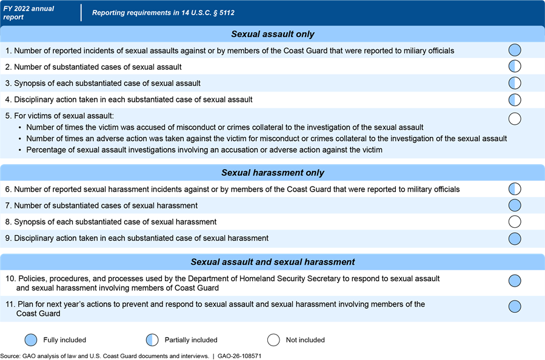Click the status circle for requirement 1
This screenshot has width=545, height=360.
click(515, 50)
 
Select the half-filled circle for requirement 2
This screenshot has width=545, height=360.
click(515, 67)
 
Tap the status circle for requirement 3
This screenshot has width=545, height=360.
click(515, 83)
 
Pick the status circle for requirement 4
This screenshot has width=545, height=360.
click(515, 99)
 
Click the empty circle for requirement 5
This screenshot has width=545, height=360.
click(515, 118)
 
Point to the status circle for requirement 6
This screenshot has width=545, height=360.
click(515, 189)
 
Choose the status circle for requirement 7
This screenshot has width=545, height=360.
click(515, 205)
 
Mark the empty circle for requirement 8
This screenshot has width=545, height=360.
click(515, 222)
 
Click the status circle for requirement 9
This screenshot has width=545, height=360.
click(515, 238)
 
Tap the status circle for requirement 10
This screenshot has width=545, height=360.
click(515, 281)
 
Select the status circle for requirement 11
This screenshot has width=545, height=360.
click(515, 307)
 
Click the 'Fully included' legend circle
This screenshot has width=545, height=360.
click(31, 339)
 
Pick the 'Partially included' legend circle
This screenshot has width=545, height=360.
click(152, 339)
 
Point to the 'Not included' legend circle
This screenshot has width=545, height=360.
click(273, 339)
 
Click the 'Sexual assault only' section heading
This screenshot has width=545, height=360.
click(273, 35)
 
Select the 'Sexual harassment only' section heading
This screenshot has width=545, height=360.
click(273, 173)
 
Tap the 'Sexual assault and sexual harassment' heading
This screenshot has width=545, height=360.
click(273, 262)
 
